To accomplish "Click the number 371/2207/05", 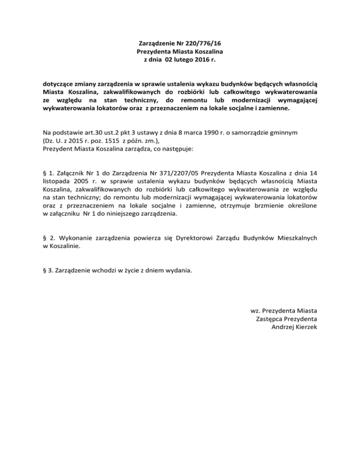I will pos(172,175).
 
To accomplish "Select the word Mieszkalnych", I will pos(296,238).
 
